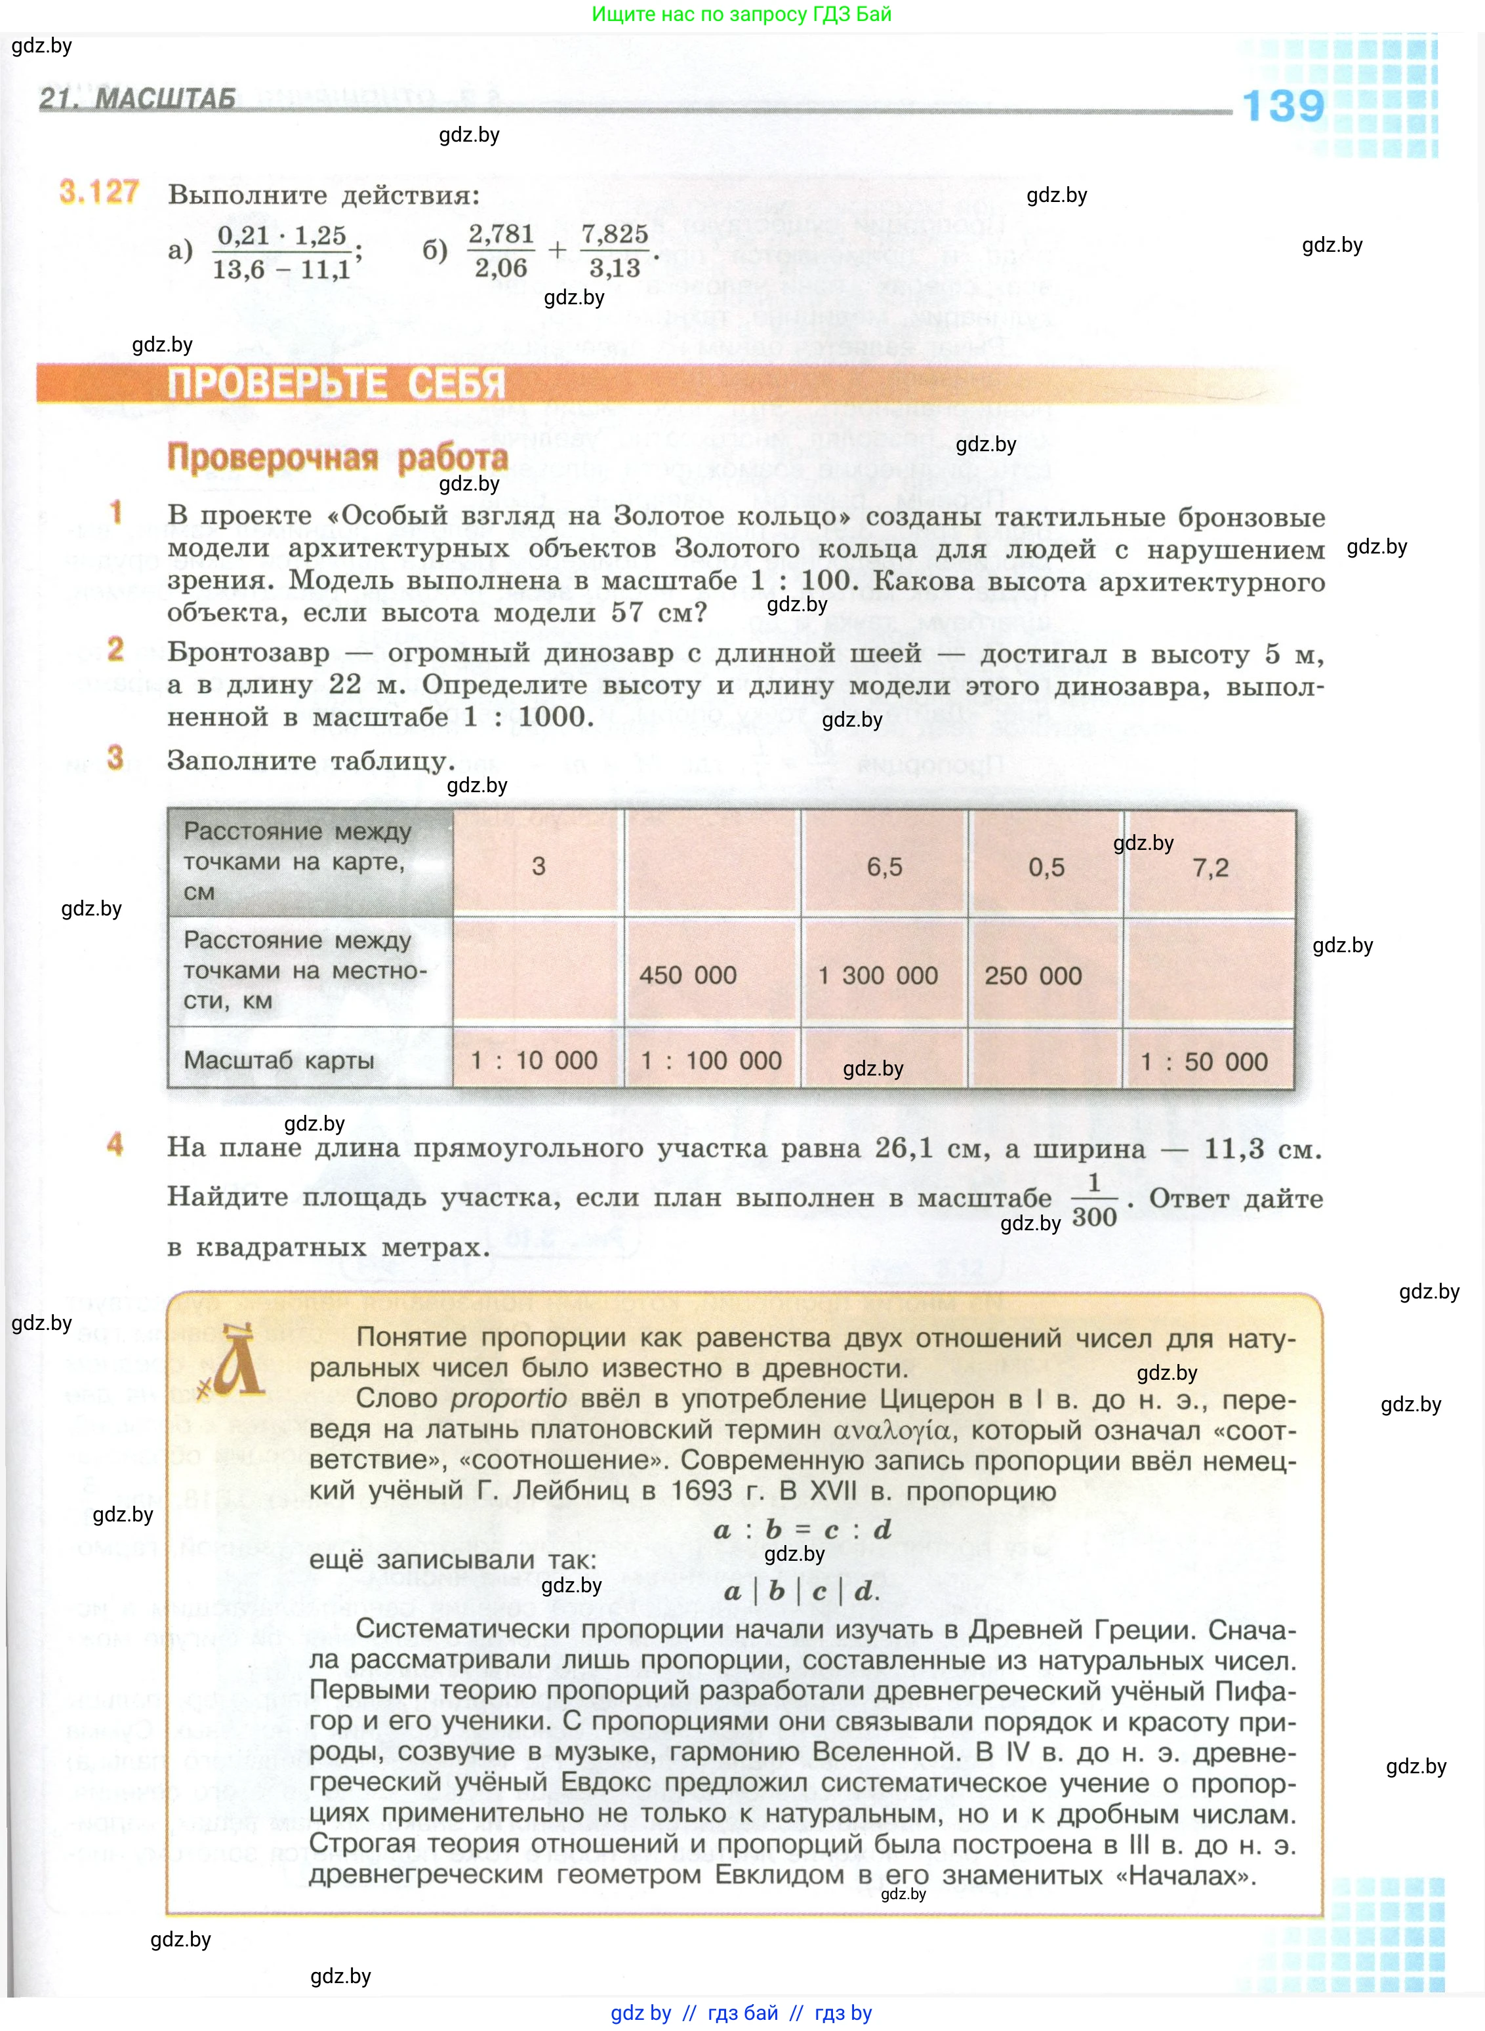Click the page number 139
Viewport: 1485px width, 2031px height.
tap(1283, 106)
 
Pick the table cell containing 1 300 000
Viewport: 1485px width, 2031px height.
tap(878, 975)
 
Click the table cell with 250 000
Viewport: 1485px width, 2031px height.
tap(1033, 975)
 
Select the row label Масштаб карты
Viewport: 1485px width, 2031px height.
tap(279, 1060)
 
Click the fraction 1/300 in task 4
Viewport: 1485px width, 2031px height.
tap(1094, 1199)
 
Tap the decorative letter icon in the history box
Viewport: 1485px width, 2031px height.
tap(235, 1362)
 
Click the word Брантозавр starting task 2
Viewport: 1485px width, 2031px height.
tap(248, 653)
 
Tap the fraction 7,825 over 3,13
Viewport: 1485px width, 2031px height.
tap(615, 251)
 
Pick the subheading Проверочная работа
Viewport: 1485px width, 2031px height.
tap(337, 458)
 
